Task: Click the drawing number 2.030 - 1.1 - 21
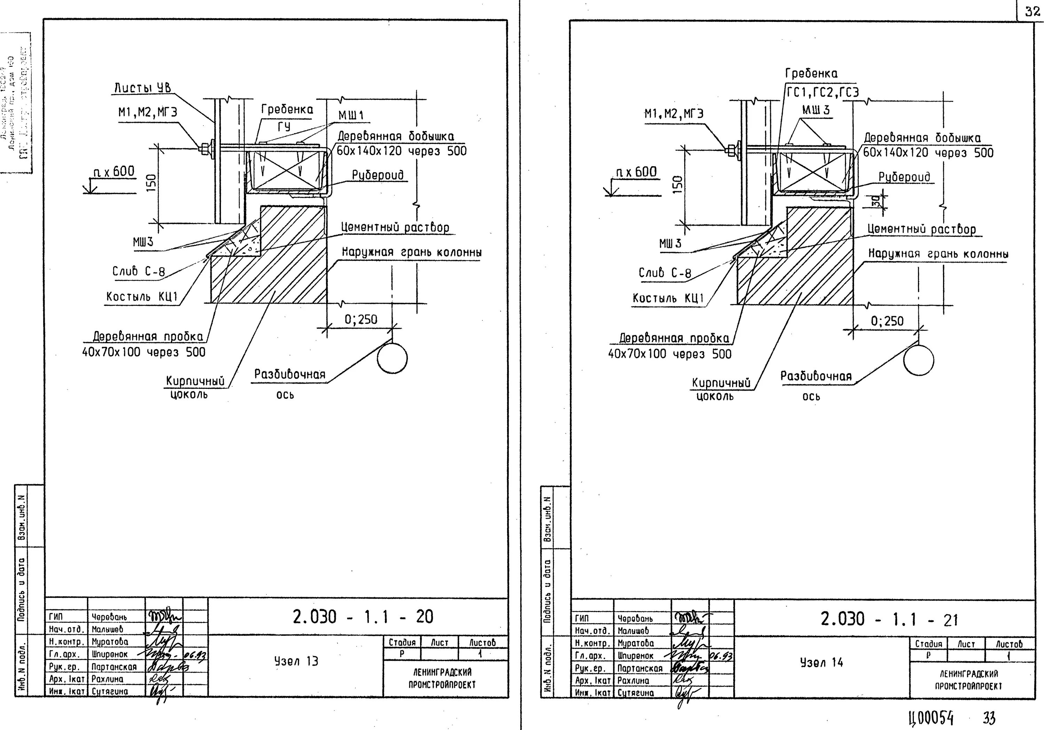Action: (889, 619)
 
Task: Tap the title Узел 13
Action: (296, 661)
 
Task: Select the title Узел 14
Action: (821, 663)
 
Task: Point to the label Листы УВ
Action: (142, 88)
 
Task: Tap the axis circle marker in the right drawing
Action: (918, 360)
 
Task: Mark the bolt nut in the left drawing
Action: (204, 147)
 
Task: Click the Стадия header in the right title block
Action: (928, 644)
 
